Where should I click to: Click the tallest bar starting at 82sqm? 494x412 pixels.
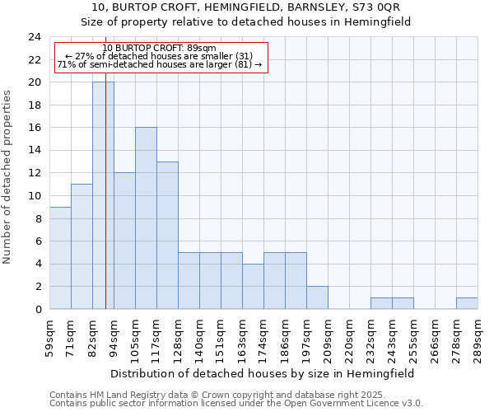click(103, 195)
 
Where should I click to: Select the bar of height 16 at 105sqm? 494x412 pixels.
click(146, 218)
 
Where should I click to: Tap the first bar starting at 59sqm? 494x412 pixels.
click(60, 258)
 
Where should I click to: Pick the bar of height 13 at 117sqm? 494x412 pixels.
click(167, 235)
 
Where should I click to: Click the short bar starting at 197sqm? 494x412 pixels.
click(317, 297)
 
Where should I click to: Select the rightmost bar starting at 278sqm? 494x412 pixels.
click(467, 303)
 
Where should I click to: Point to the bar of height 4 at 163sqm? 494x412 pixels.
click(253, 286)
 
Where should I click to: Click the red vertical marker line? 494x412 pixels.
click(106, 206)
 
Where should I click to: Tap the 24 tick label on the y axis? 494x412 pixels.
click(35, 37)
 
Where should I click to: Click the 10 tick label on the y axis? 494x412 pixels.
click(35, 196)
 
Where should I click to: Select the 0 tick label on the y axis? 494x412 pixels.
click(38, 310)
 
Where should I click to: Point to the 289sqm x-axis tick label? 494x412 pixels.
click(478, 338)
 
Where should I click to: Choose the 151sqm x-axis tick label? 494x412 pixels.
click(221, 338)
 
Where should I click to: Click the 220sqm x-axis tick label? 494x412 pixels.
click(350, 338)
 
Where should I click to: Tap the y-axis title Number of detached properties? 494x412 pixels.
click(8, 177)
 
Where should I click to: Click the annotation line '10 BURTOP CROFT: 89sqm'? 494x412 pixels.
click(160, 49)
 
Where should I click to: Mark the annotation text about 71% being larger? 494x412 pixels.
click(160, 64)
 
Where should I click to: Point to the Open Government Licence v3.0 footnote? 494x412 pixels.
click(236, 404)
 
